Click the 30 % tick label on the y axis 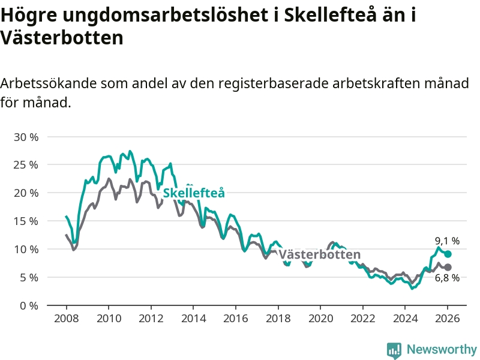click(x=26, y=137)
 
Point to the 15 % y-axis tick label click(x=26, y=221)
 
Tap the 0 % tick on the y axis click(x=29, y=305)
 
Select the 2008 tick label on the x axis click(x=65, y=319)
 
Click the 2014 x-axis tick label click(x=193, y=319)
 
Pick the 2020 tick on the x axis click(x=320, y=319)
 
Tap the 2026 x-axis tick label click(x=448, y=319)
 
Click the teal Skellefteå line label click(x=194, y=193)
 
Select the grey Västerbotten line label click(x=319, y=254)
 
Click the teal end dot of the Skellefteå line click(x=448, y=254)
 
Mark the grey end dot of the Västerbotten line click(x=448, y=267)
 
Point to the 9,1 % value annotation click(x=447, y=241)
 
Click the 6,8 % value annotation click(x=447, y=278)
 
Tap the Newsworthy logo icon click(x=394, y=350)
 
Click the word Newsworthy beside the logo click(x=442, y=349)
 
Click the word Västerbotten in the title click(x=62, y=38)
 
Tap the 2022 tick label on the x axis click(x=362, y=319)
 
